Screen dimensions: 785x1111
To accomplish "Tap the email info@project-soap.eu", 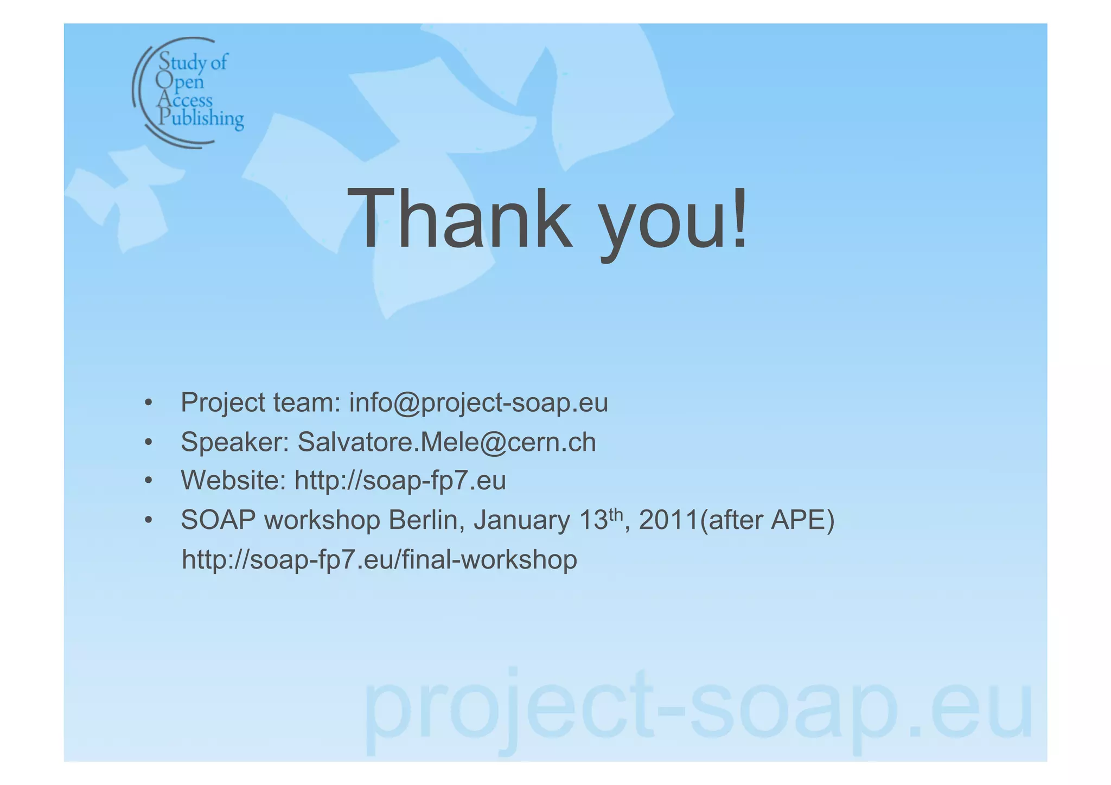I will tap(478, 403).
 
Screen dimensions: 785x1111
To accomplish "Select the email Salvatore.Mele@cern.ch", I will tap(446, 442).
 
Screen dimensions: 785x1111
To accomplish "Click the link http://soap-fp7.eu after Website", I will tap(400, 481).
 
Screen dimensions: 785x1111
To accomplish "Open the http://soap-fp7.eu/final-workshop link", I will tap(379, 560).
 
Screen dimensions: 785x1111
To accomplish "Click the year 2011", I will tap(668, 520).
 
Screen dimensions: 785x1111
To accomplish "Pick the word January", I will tap(521, 520).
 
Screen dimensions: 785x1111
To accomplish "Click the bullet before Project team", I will tap(148, 404).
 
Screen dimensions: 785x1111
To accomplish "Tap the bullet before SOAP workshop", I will tap(148, 521).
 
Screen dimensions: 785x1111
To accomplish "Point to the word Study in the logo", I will tap(182, 62).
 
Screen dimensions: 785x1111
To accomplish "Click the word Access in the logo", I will tap(185, 100).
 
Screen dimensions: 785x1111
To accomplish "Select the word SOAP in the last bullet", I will tap(218, 520).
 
